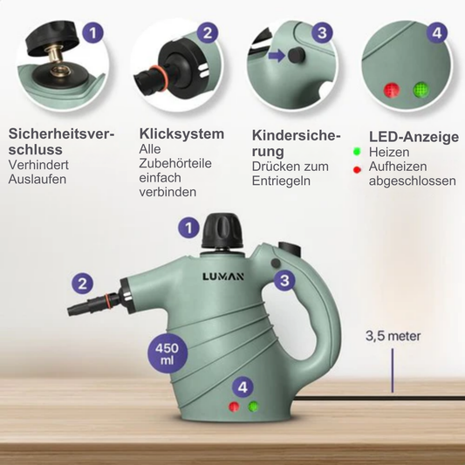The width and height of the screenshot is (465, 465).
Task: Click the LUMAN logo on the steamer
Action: coord(223,277)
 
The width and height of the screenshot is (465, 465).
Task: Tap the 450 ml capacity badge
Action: coord(168,353)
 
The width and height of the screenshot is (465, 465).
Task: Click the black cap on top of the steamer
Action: coord(222,230)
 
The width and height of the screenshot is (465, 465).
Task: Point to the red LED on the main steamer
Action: coord(234,407)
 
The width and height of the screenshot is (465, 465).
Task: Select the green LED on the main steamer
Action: coord(254,407)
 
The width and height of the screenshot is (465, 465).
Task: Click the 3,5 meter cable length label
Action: coord(393,336)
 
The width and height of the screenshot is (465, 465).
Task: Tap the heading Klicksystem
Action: coord(181,133)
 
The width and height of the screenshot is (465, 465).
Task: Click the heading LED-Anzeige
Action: coord(414,137)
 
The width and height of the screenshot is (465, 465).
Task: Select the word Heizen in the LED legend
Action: coord(389,152)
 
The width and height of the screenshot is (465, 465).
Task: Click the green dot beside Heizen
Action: coord(357,152)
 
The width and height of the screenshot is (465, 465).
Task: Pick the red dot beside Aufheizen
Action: coord(357,169)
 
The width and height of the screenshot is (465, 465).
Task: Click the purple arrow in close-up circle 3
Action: coord(277,56)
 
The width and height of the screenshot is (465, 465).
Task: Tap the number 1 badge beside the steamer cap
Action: coord(189,229)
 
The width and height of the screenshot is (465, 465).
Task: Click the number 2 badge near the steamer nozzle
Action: coord(82,284)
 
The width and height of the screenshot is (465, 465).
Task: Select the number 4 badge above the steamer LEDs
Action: coord(243,387)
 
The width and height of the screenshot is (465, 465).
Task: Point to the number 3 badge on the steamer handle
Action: coord(284,280)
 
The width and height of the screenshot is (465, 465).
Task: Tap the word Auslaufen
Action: coord(38,180)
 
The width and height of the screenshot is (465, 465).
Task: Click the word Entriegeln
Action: coord(281,181)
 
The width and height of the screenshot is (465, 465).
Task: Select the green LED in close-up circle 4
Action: coord(421,89)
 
